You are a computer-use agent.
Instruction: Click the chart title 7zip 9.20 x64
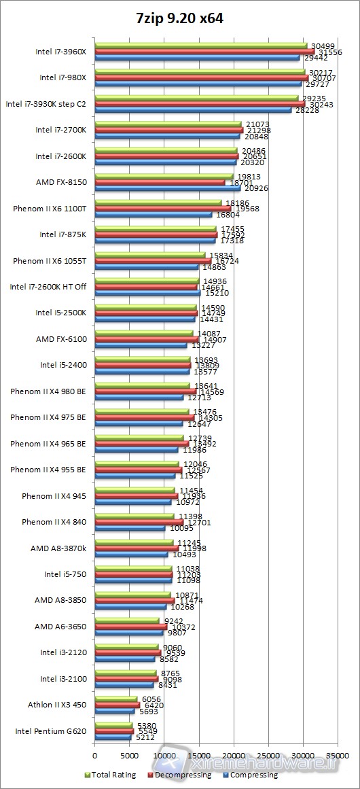point(179,19)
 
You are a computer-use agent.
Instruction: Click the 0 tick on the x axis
point(95,755)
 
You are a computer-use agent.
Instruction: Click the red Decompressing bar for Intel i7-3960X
point(204,52)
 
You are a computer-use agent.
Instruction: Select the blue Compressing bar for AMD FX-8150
point(167,188)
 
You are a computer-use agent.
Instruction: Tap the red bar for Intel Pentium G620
point(114,731)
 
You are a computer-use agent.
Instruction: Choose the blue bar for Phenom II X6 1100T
point(153,214)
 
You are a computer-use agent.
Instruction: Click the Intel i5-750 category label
point(65,574)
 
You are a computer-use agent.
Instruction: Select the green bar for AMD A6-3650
point(127,621)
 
